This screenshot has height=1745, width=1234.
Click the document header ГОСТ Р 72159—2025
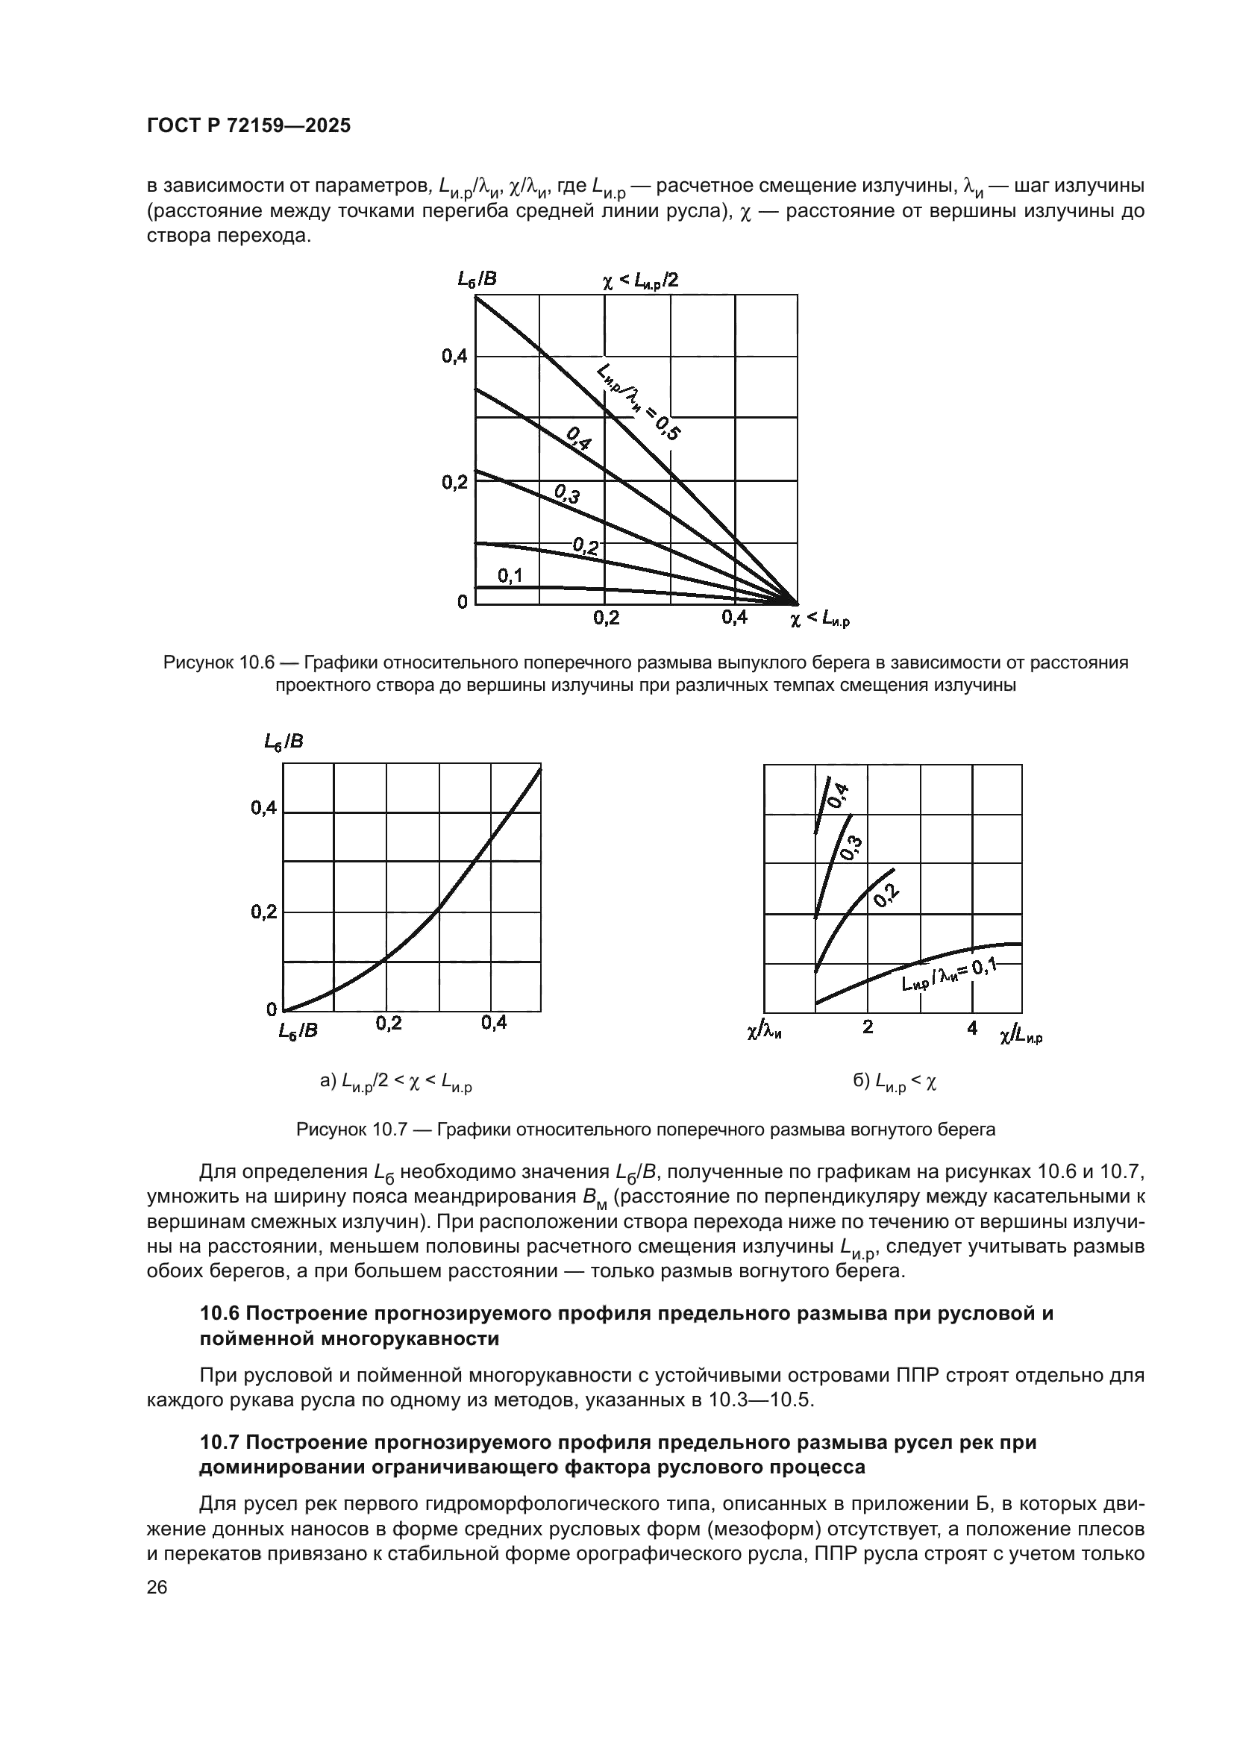point(248,126)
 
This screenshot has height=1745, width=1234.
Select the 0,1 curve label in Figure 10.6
point(510,575)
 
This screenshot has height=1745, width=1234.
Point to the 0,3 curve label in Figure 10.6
point(567,495)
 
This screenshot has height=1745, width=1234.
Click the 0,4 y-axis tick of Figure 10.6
point(454,356)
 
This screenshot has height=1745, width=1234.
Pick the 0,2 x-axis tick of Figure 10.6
point(606,618)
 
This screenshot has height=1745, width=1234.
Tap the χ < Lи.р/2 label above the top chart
point(640,281)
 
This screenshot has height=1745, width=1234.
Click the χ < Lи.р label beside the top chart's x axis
point(819,620)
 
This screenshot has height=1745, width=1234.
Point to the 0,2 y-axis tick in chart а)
point(263,912)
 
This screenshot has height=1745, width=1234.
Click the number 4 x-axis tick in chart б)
point(972,1028)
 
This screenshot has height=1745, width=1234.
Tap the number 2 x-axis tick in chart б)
point(868,1027)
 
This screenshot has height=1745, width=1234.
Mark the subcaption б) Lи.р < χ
point(895,1083)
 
